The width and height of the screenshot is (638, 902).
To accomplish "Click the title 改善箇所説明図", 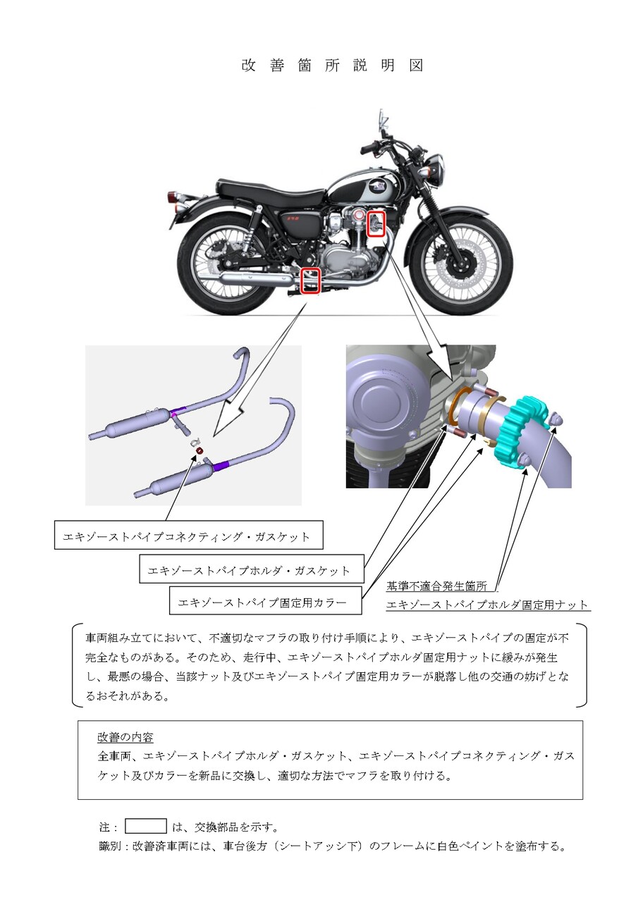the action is pyautogui.click(x=332, y=66).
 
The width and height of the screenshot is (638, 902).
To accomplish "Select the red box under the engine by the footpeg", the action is pyautogui.click(x=311, y=280).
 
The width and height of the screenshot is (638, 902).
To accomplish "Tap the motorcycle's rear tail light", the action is pyautogui.click(x=173, y=196).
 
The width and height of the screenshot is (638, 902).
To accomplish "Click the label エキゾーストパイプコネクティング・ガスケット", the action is pyautogui.click(x=187, y=536).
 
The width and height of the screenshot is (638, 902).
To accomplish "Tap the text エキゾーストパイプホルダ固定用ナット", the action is pyautogui.click(x=487, y=605).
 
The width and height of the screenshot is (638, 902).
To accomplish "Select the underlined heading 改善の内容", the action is pyautogui.click(x=125, y=737).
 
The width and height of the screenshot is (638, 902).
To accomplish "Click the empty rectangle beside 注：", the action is pyautogui.click(x=146, y=827).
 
